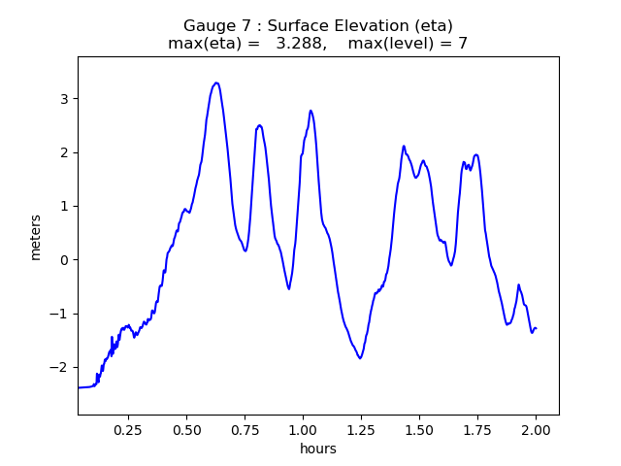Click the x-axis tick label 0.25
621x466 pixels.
128,429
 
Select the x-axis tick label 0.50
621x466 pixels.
186,429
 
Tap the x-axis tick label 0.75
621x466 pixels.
245,429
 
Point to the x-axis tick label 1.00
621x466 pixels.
303,429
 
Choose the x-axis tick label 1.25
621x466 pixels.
361,429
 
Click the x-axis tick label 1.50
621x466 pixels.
419,429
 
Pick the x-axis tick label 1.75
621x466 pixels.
477,429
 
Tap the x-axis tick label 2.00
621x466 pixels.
536,429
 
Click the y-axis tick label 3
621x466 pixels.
63,99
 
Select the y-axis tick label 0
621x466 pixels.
63,260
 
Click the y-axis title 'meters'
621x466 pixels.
36,237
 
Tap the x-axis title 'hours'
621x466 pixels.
318,449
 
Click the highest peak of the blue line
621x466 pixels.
216,83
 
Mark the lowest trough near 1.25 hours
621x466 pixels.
360,358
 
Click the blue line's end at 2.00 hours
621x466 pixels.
536,328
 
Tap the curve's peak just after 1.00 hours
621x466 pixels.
310,111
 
